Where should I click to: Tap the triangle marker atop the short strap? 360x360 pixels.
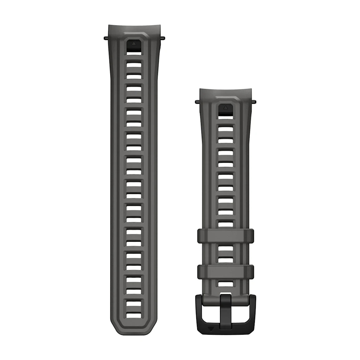click(226, 107)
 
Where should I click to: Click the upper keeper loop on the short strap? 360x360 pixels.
click(225, 236)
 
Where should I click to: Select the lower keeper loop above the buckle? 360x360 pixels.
click(225, 272)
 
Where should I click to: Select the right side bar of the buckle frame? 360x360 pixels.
click(251, 309)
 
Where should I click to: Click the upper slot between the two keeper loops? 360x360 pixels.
click(225, 249)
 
